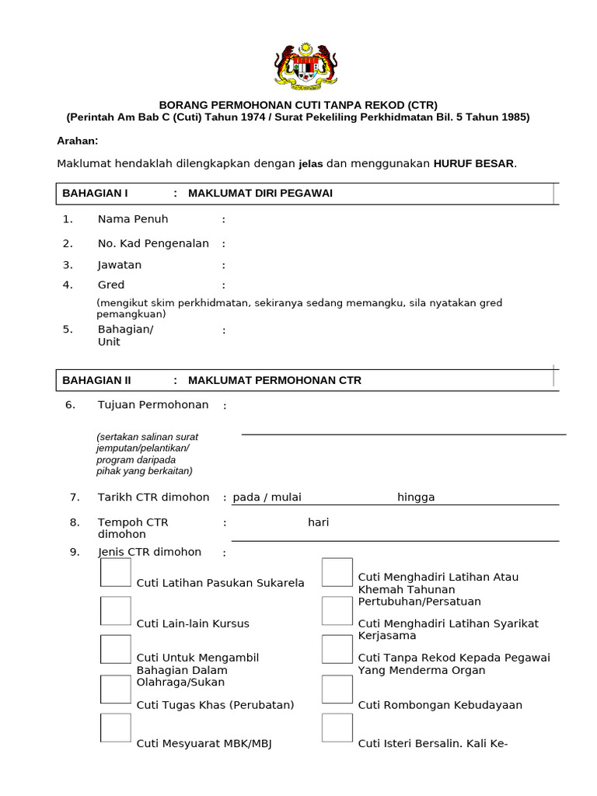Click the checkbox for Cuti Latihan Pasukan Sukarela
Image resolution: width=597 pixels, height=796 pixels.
116,572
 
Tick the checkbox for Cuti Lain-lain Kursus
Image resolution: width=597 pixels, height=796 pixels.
116,611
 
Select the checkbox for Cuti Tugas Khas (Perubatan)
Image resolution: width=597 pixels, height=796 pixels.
116,689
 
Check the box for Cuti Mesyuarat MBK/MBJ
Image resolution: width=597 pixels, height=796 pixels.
116,728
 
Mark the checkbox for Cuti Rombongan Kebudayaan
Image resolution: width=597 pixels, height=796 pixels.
337,689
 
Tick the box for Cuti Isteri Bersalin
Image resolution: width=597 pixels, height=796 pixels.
337,728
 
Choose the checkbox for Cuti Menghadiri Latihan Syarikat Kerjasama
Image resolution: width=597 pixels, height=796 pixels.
337,611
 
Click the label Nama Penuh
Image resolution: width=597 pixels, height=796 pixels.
132,219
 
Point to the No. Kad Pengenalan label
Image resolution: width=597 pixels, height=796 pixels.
153,243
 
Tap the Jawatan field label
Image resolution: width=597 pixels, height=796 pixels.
120,265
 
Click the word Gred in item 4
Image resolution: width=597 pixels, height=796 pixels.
111,285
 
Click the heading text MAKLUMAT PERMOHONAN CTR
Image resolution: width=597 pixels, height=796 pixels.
274,381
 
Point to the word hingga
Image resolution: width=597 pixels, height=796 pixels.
416,497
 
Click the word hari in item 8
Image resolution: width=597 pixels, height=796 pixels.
318,522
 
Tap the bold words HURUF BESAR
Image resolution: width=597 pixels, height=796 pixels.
474,164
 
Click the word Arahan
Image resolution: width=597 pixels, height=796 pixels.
78,141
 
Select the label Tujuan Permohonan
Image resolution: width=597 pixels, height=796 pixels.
153,405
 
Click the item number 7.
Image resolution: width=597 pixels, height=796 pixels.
75,497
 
